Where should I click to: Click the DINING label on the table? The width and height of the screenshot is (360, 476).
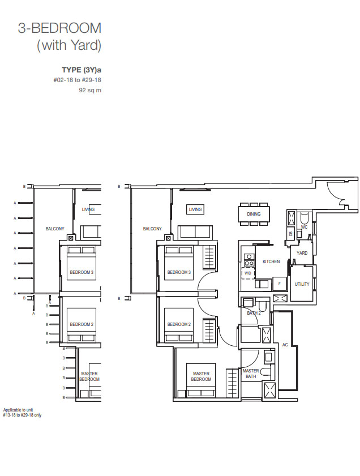(254, 214)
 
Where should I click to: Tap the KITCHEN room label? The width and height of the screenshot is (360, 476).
(271, 261)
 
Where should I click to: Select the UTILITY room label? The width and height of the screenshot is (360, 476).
(302, 284)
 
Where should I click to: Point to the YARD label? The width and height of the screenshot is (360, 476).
(302, 253)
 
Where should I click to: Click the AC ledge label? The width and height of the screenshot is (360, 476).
(285, 345)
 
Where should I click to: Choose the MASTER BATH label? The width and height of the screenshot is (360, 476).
(251, 374)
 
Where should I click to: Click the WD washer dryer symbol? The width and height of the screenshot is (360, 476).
(248, 273)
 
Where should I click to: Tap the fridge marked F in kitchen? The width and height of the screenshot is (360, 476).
(279, 284)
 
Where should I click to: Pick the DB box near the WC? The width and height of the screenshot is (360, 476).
(291, 233)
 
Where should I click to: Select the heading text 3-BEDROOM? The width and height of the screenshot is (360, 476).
(59, 28)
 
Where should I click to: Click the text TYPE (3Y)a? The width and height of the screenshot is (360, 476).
(82, 70)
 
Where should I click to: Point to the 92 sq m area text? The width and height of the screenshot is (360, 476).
(90, 90)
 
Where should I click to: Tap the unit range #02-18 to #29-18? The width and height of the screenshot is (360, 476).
(78, 80)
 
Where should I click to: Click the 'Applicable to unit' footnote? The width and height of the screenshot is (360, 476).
(18, 410)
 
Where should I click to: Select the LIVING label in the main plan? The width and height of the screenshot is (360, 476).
(195, 209)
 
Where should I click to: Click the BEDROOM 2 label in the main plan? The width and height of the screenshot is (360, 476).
(179, 324)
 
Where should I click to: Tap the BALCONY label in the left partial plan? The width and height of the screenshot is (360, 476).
(55, 229)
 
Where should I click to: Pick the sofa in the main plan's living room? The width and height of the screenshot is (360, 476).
(195, 232)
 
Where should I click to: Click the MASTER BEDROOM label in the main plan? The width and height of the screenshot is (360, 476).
(201, 376)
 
